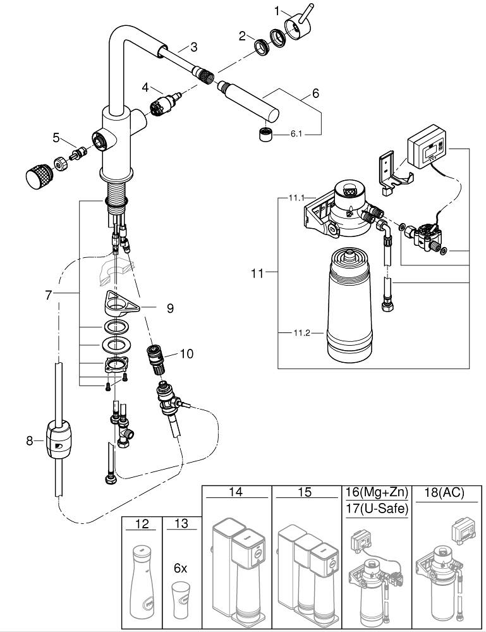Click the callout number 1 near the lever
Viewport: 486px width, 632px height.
pyautogui.click(x=276, y=11)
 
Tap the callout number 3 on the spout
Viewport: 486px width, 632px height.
pyautogui.click(x=193, y=46)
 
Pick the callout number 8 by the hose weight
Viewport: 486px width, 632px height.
pyautogui.click(x=30, y=441)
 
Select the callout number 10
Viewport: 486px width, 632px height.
pyautogui.click(x=186, y=354)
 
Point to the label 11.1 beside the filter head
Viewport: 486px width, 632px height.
pyautogui.click(x=297, y=198)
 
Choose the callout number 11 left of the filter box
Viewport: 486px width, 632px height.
pyautogui.click(x=256, y=273)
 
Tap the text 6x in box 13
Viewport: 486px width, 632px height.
pyautogui.click(x=180, y=568)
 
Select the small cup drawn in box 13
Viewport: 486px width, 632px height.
pyautogui.click(x=180, y=598)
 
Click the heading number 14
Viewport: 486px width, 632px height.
pyautogui.click(x=236, y=492)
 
